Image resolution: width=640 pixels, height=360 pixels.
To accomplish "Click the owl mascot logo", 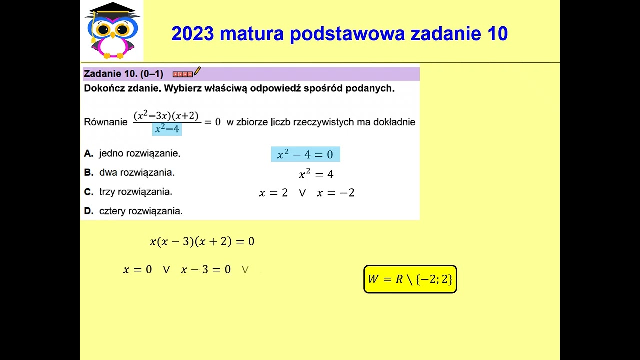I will pos(112,31).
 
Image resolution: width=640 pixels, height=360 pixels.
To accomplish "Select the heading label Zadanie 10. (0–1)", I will pos(123,74).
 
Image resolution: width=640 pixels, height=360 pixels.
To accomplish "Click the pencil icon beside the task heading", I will pos(197,72).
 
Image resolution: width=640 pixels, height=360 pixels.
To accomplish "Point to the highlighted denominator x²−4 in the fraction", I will pos(167,129).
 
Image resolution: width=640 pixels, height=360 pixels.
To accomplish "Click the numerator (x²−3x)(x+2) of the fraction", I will pos(166,116).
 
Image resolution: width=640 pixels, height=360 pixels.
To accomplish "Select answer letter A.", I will pos(89,154).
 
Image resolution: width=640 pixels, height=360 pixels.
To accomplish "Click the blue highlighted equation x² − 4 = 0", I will pos(305,154).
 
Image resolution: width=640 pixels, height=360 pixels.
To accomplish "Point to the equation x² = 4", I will pos(316,174).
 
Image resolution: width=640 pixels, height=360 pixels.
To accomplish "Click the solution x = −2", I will pos(335,193).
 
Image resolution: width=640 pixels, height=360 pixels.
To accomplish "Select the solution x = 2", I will pos(273,193).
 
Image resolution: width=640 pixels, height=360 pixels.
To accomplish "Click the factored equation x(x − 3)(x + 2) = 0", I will pos(202,242).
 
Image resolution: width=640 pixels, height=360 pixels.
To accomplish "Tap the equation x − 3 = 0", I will pos(206,270).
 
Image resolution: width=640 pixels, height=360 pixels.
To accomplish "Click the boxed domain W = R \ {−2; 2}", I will pos(410,279).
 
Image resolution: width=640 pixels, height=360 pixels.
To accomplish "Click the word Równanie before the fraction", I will pos(106,122).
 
